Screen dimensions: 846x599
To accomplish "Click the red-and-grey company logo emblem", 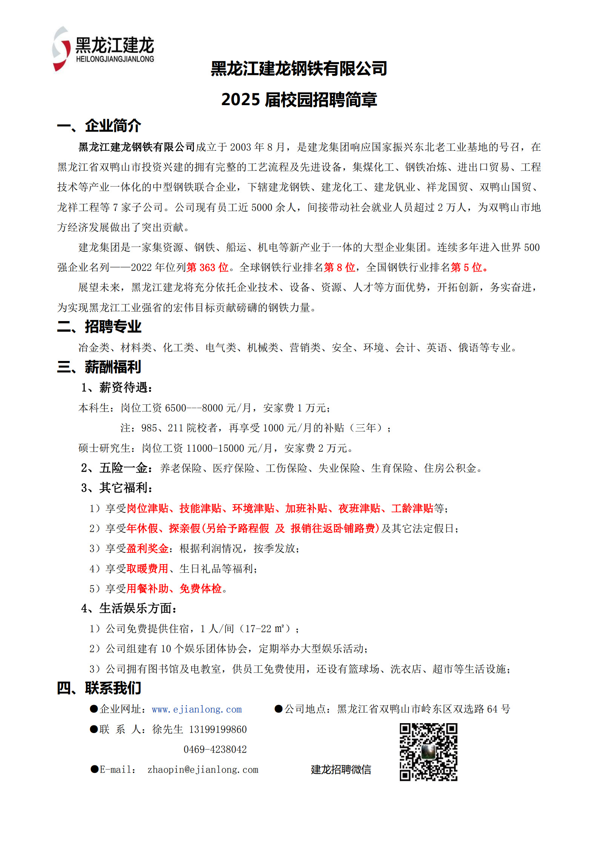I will [61, 49].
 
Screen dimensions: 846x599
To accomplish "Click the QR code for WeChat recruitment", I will [428, 752].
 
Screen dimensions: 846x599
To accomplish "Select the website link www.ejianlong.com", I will [197, 709].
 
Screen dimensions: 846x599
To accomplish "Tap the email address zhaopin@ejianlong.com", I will [203, 770].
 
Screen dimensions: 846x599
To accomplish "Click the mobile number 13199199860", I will [218, 729].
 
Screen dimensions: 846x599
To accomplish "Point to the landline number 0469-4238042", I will [215, 749].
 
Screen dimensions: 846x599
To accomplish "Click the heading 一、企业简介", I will [99, 125].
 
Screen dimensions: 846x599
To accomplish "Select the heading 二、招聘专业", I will [99, 326].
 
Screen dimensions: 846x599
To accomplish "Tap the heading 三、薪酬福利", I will [99, 367].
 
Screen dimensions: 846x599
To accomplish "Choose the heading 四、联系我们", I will [99, 688].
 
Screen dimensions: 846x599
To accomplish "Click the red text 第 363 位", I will [207, 267].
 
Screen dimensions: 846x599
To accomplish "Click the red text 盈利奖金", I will [147, 548].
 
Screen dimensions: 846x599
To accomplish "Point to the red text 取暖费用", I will [147, 568].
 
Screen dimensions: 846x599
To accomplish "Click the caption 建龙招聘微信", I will [341, 770].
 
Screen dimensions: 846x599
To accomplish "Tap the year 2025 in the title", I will [240, 99].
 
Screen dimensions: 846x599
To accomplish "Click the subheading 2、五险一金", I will [117, 468].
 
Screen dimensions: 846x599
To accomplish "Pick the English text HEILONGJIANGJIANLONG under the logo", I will [115, 59].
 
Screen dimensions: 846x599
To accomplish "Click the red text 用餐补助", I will [147, 588].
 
